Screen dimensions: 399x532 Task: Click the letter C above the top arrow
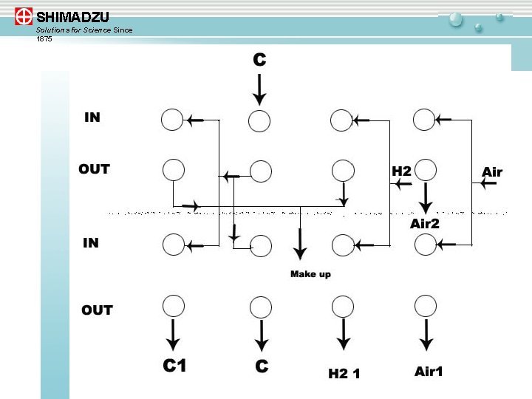coord(259,61)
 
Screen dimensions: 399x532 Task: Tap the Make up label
coord(310,274)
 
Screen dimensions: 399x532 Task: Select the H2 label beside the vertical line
coord(401,171)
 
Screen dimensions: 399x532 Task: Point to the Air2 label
coord(425,223)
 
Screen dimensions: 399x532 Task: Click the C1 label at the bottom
coord(174,365)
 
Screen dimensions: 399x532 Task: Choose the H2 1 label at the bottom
coord(344,374)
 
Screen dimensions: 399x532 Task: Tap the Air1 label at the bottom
coord(429,372)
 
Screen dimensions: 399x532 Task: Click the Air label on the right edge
coord(492,172)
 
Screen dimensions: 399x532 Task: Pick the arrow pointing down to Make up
coord(300,245)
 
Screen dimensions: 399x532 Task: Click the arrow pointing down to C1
coord(173,335)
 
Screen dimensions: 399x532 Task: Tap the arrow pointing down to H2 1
coord(344,335)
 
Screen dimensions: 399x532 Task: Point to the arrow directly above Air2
coord(426,197)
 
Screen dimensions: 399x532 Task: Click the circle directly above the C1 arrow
coord(173,304)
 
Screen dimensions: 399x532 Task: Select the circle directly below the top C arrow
coord(259,121)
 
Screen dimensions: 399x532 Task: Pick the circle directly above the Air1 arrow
coord(425,304)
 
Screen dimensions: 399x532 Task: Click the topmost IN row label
coord(92,117)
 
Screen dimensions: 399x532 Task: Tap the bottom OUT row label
coord(97,310)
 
